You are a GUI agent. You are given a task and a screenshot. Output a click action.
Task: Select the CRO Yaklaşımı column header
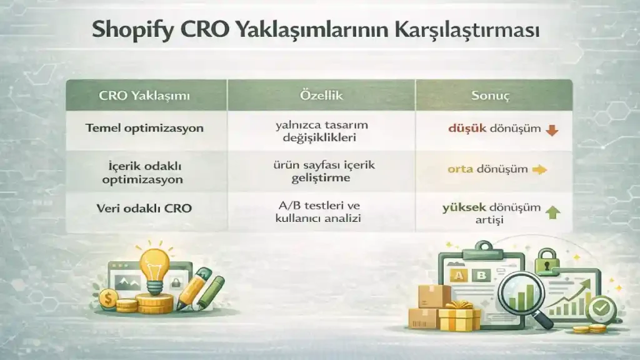144,96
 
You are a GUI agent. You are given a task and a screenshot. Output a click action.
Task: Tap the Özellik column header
321,96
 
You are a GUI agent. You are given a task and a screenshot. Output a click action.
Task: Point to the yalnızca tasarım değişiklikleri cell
321,131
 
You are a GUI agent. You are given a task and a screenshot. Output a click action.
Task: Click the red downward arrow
551,131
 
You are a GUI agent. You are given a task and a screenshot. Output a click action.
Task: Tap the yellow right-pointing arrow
539,169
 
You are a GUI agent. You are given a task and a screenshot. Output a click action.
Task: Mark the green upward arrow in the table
552,212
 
